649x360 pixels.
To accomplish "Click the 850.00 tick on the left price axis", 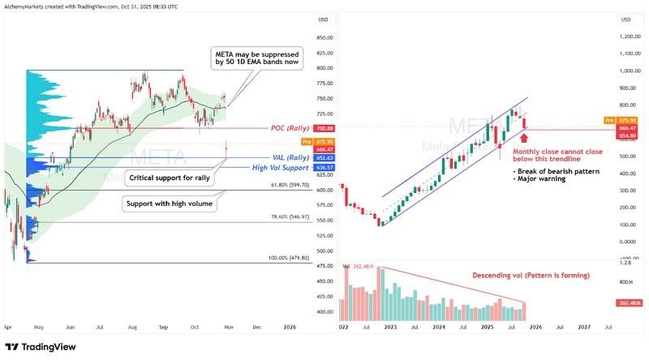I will (x=325, y=38).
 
